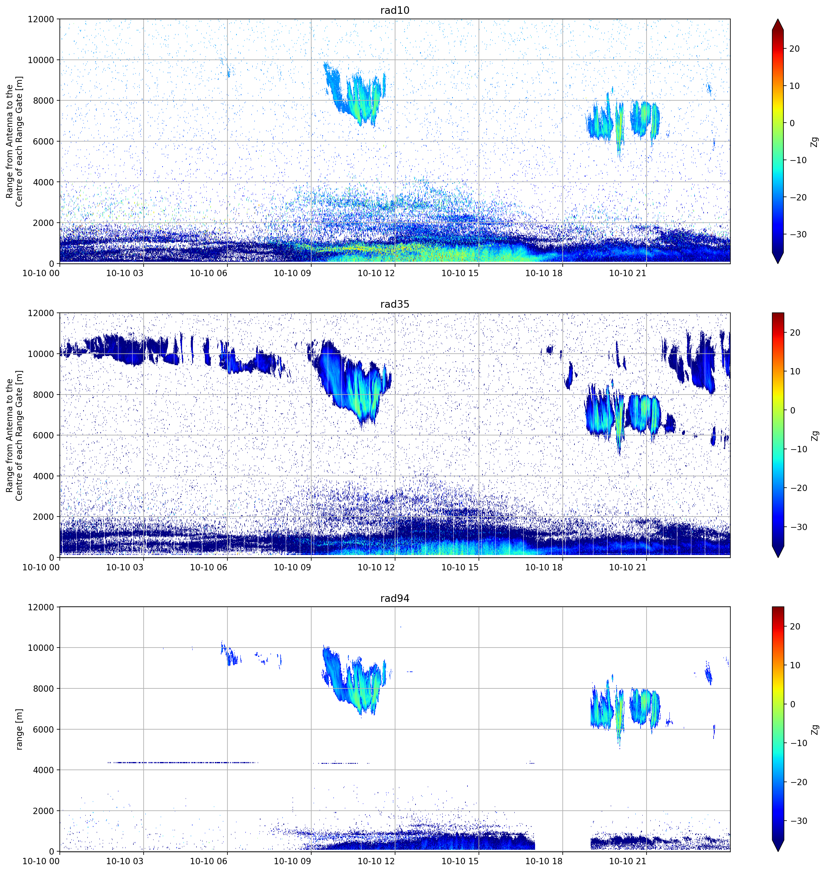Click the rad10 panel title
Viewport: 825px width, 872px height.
394,11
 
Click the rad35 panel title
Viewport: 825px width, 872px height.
394,304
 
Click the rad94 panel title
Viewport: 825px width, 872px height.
394,599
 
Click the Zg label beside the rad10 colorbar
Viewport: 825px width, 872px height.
815,142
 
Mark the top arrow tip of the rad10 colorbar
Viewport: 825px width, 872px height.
778,19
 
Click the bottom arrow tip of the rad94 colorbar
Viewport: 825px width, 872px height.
778,851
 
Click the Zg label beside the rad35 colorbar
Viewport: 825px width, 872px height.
815,435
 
